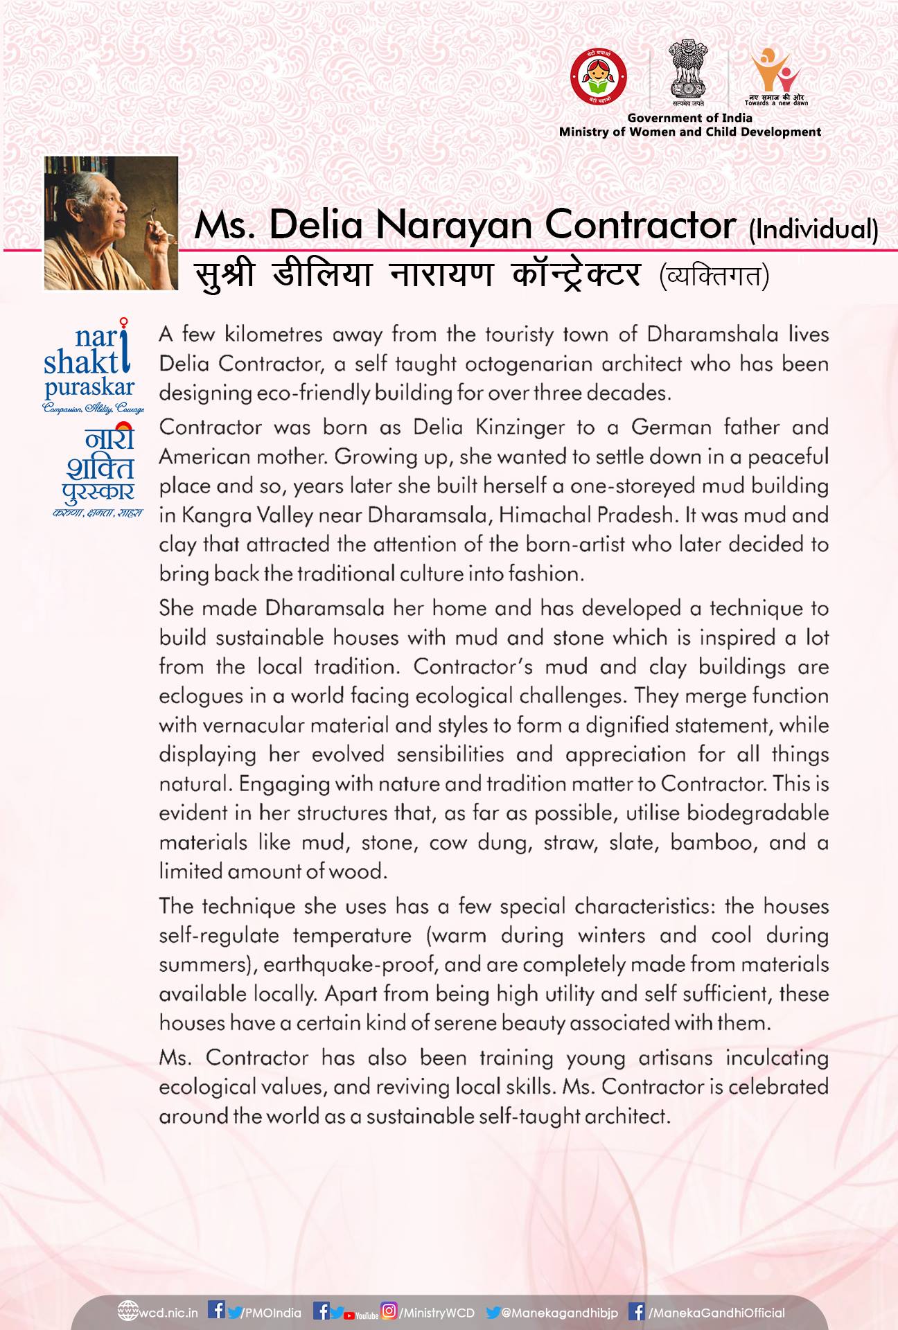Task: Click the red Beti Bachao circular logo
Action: click(x=597, y=77)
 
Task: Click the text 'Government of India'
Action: click(x=689, y=118)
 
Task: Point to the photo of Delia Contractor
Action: click(x=111, y=222)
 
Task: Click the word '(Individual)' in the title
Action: click(x=813, y=229)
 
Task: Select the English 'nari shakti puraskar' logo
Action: click(x=89, y=367)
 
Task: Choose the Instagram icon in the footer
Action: click(x=390, y=1311)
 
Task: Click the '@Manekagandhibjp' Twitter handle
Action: click(x=559, y=1313)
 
